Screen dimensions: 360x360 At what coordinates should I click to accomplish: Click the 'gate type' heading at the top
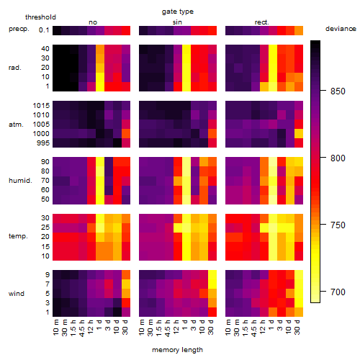[178, 12]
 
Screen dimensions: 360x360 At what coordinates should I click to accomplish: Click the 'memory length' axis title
[177, 350]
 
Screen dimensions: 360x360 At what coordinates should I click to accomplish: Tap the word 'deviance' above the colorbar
[341, 29]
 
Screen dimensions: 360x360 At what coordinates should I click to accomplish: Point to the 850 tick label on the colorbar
[338, 91]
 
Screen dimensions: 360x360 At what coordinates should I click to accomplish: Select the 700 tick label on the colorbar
[338, 292]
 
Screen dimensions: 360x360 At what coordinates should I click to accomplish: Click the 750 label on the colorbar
[338, 225]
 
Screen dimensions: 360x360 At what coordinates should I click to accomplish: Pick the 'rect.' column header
[262, 22]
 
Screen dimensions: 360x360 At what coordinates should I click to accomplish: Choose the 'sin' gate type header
[177, 22]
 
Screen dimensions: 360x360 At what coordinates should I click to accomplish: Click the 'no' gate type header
[93, 22]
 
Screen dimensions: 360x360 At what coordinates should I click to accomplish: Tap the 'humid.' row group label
[20, 181]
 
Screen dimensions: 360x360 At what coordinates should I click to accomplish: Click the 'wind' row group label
[17, 294]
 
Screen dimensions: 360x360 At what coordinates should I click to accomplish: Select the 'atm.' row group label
[16, 125]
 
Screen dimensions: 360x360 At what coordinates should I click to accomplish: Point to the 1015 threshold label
[41, 106]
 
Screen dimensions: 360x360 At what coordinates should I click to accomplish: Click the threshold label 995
[43, 143]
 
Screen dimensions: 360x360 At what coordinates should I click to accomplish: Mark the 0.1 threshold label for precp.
[44, 30]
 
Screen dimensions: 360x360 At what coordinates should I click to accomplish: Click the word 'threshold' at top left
[40, 17]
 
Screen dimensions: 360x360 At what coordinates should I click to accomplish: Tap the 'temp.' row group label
[18, 236]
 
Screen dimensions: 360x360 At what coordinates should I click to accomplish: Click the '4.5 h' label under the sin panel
[168, 328]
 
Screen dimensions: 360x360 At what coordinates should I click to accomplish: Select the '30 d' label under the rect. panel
[297, 327]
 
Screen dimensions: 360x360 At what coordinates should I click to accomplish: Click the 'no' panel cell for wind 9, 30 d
[126, 274]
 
